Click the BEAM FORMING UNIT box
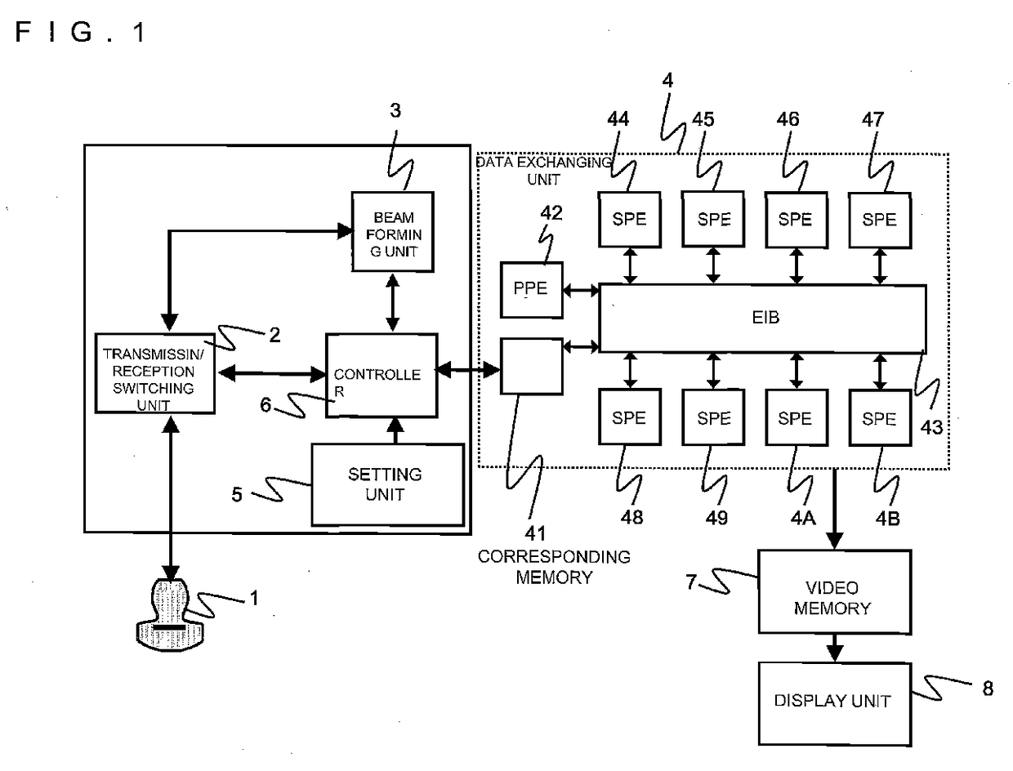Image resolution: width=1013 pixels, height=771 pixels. tap(392, 232)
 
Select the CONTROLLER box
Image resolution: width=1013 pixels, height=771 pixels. tap(382, 376)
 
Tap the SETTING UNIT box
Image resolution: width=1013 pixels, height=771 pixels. tap(388, 484)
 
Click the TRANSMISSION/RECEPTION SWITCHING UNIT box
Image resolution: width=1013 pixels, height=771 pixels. tap(154, 372)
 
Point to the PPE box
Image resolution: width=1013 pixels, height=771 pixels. tap(531, 290)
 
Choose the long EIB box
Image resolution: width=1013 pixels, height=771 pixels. tap(762, 319)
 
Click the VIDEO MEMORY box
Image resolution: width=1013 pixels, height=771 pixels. tap(834, 591)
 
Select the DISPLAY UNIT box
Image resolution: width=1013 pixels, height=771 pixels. tap(834, 704)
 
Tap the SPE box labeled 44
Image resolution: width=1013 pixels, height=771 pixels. tap(630, 220)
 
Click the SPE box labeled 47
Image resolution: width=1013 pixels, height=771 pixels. tap(880, 220)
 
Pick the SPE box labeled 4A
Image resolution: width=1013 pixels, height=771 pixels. tap(796, 417)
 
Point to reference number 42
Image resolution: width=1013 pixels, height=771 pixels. tap(551, 213)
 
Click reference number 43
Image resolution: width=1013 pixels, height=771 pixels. tap(931, 428)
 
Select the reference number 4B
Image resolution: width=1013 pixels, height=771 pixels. tap(887, 519)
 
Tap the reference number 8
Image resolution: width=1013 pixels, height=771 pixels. tap(988, 689)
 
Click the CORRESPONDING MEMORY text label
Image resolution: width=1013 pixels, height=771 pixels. tap(554, 567)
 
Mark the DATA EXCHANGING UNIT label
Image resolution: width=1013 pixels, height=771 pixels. tap(543, 171)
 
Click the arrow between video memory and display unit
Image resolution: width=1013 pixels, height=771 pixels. tap(834, 648)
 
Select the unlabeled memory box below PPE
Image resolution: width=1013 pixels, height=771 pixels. tap(531, 367)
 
